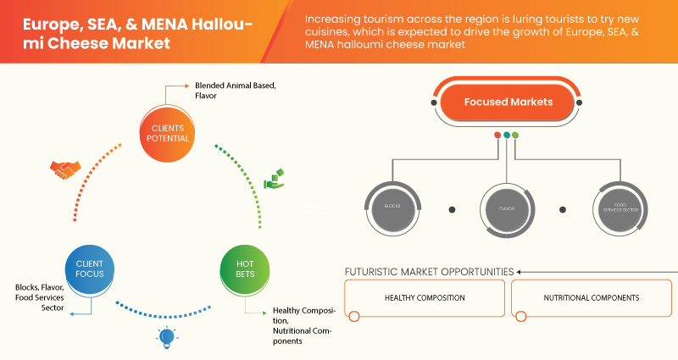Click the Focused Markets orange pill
coord(508,102)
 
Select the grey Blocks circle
coord(392,207)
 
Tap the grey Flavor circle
coord(508,207)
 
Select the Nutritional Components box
coord(591,298)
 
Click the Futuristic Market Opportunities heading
coord(428,271)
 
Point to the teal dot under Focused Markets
coord(507,135)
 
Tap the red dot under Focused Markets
coord(497,135)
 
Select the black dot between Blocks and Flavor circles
coord(452,208)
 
